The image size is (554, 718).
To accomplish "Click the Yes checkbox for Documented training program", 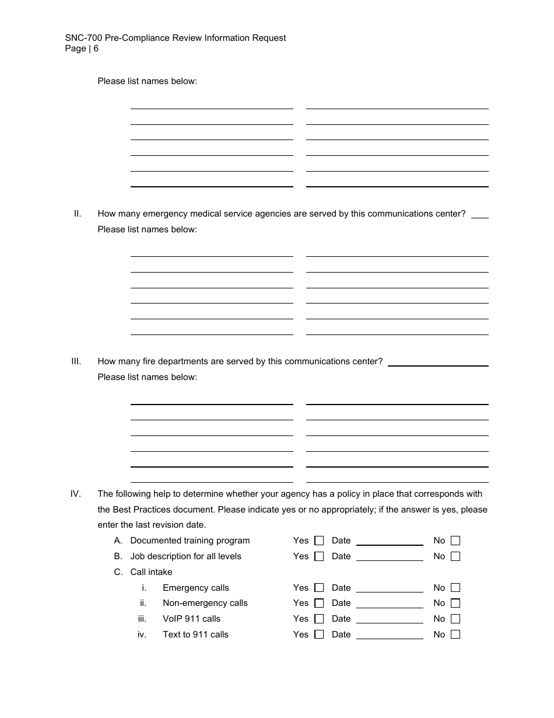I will pyautogui.click(x=319, y=541).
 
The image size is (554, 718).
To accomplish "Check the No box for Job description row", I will pyautogui.click(x=455, y=556).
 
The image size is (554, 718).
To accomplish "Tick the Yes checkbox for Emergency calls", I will pyautogui.click(x=319, y=588).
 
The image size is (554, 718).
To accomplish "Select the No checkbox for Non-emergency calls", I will pyautogui.click(x=455, y=603).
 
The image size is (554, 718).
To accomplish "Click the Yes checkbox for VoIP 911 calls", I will pyautogui.click(x=319, y=619).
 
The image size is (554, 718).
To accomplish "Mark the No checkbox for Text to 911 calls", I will pyautogui.click(x=455, y=635).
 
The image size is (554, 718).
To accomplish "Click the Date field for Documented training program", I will pyautogui.click(x=390, y=541).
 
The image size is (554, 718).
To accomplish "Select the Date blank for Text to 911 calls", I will pyautogui.click(x=390, y=635).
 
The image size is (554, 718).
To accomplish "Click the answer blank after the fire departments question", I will pyautogui.click(x=438, y=361).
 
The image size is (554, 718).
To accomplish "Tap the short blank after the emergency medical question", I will pyautogui.click(x=479, y=214).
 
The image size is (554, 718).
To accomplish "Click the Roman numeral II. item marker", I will pyautogui.click(x=78, y=214).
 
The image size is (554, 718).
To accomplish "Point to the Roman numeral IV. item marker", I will pyautogui.click(x=76, y=494).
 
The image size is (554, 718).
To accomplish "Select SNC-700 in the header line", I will pyautogui.click(x=83, y=38).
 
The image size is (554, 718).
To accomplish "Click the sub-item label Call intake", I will pyautogui.click(x=151, y=572).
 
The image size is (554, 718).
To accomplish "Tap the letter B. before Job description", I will pyautogui.click(x=118, y=556).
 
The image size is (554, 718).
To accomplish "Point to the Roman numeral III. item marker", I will pyautogui.click(x=76, y=361).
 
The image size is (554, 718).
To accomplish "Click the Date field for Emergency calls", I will pyautogui.click(x=390, y=588).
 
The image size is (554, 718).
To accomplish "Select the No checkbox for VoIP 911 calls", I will pyautogui.click(x=455, y=619).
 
